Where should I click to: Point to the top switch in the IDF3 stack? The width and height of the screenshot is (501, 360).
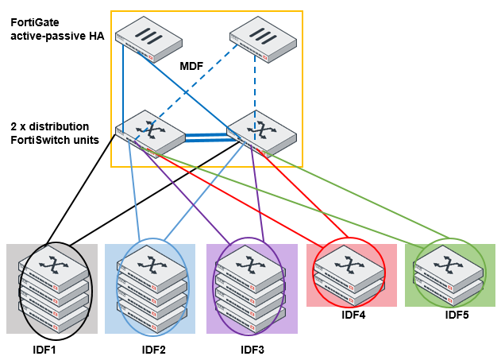click(x=252, y=265)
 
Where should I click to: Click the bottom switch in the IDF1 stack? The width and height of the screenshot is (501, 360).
click(x=55, y=315)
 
